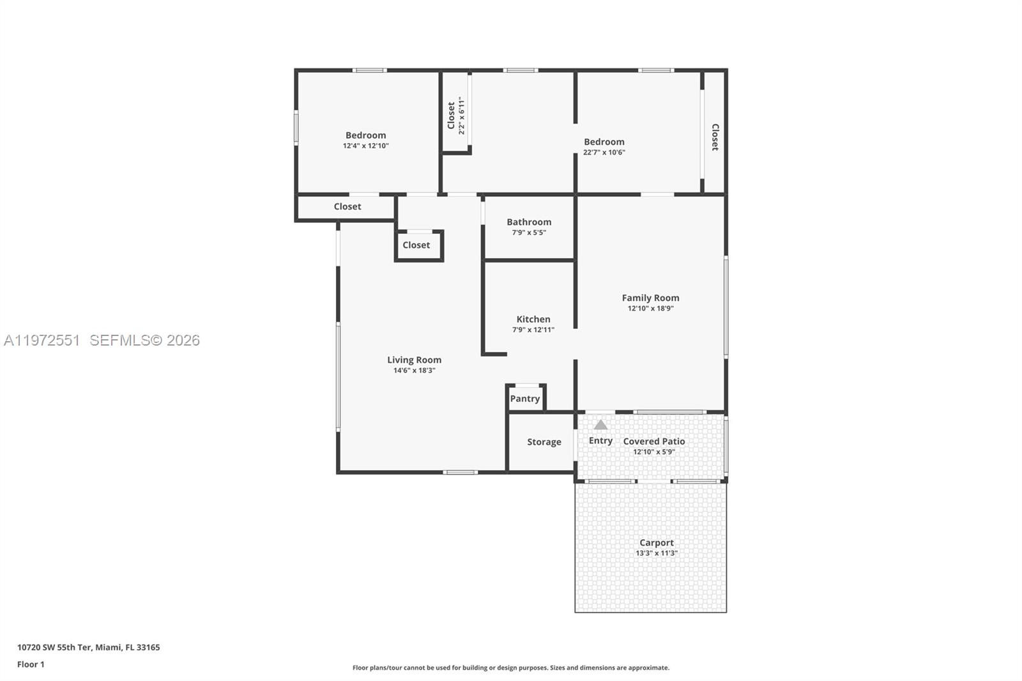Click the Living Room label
pyautogui.click(x=414, y=360)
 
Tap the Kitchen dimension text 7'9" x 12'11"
pyautogui.click(x=533, y=330)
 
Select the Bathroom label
pyautogui.click(x=529, y=222)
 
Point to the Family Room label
pyautogui.click(x=650, y=298)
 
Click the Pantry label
pyautogui.click(x=525, y=399)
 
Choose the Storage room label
pyautogui.click(x=544, y=442)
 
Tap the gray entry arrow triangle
pyautogui.click(x=600, y=425)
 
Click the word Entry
pyautogui.click(x=600, y=441)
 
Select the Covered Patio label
pyautogui.click(x=654, y=441)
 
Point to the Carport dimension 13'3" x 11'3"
pyautogui.click(x=657, y=553)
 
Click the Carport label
pyautogui.click(x=657, y=542)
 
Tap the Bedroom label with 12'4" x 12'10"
pyautogui.click(x=365, y=135)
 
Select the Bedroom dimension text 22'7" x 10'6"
pyautogui.click(x=604, y=152)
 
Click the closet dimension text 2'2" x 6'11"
pyautogui.click(x=461, y=116)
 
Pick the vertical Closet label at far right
pyautogui.click(x=715, y=137)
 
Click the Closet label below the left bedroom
pyautogui.click(x=347, y=206)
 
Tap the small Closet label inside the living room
pyautogui.click(x=416, y=245)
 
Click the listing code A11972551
pyautogui.click(x=42, y=340)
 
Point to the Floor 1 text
pyautogui.click(x=31, y=664)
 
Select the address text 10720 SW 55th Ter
pyautogui.click(x=54, y=647)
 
